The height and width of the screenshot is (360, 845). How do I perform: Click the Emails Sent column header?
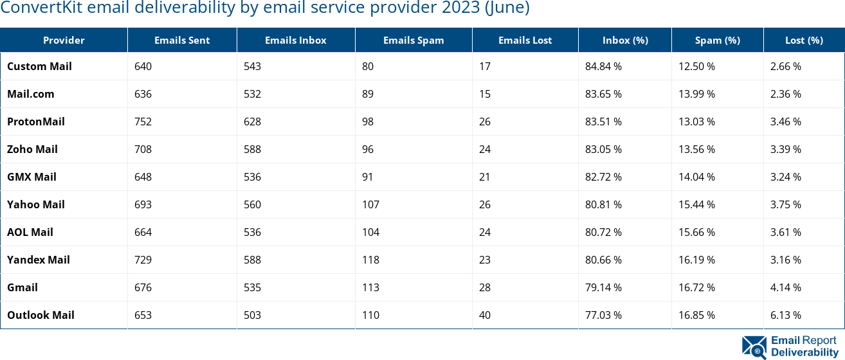point(182,40)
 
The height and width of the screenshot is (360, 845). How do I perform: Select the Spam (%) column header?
point(717,40)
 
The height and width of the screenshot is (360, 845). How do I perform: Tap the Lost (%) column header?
point(804,40)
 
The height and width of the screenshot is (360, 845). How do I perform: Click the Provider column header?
point(64,40)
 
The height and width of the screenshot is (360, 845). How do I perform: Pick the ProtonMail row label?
point(36,122)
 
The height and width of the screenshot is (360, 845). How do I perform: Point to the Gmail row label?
point(23,287)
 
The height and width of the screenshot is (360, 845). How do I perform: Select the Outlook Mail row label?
point(41,315)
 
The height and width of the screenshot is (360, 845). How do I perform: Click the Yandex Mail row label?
point(39,260)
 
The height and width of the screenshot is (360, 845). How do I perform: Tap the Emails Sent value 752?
point(143,122)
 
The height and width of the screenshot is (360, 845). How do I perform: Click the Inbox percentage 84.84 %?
point(603,66)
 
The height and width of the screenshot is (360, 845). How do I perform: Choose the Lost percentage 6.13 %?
point(786,315)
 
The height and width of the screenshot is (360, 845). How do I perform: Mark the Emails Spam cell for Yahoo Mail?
point(370,204)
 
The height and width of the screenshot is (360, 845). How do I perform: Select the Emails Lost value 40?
point(485,315)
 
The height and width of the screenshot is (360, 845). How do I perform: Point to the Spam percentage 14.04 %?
point(697,177)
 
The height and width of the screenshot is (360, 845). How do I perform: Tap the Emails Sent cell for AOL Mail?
point(143,232)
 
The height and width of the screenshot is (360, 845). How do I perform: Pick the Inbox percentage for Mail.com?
point(603,94)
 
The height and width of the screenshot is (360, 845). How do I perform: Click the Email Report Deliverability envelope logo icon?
point(754,346)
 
